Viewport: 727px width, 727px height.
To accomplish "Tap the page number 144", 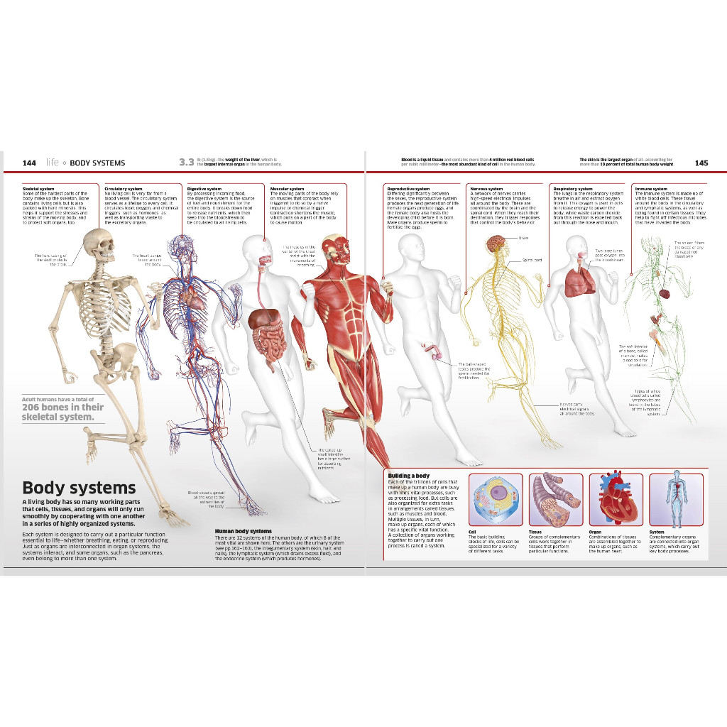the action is [x=29, y=163].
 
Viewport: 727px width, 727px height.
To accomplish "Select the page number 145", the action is [x=701, y=163].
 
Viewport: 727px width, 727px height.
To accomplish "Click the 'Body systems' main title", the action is [x=79, y=488].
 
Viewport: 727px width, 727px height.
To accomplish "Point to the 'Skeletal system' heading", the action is [x=38, y=189].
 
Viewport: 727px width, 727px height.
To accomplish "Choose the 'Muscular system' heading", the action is [x=287, y=189].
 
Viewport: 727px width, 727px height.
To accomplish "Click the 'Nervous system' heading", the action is [x=486, y=189].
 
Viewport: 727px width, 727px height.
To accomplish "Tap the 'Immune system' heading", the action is [x=651, y=189].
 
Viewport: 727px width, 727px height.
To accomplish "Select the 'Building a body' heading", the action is [x=408, y=475].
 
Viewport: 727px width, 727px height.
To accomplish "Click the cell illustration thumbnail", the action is [x=497, y=500].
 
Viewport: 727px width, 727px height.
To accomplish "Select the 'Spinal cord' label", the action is [x=532, y=260].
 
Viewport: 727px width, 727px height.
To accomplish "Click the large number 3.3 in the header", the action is [x=186, y=163].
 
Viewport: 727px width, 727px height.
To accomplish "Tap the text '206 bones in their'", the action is [x=62, y=408].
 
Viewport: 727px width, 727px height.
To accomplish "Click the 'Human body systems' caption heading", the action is [x=243, y=531].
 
